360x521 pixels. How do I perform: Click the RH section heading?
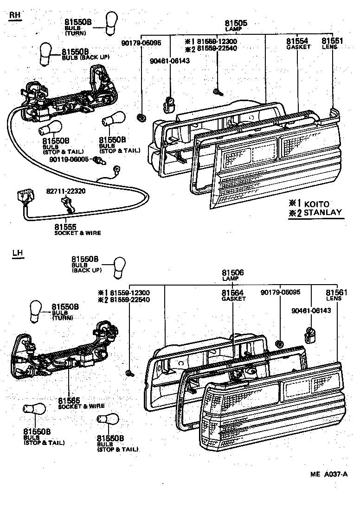point(15,16)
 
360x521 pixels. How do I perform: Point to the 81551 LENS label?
point(333,43)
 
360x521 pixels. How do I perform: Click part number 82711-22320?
point(65,191)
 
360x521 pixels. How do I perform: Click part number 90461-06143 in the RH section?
point(169,61)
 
